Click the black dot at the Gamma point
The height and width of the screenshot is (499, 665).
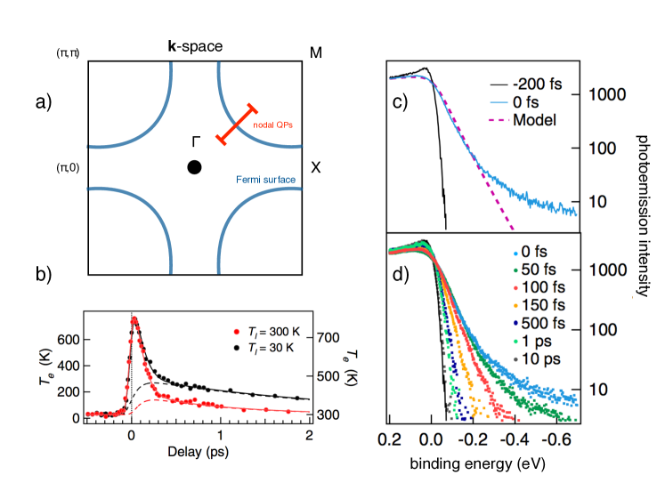[x=194, y=167]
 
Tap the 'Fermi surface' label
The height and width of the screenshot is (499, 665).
[x=266, y=180]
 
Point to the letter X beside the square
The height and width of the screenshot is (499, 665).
[x=314, y=167]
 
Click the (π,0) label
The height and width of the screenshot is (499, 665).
[x=67, y=167]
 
